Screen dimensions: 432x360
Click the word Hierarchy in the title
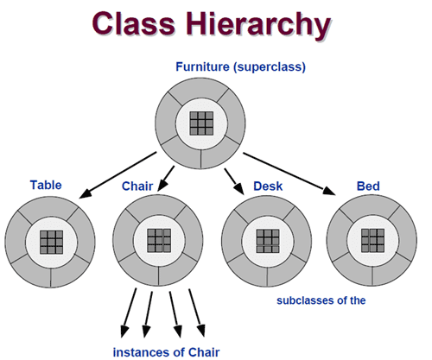(x=258, y=25)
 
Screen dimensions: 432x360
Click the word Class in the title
(x=134, y=23)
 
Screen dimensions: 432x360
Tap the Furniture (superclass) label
(x=240, y=67)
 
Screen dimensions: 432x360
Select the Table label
(x=46, y=185)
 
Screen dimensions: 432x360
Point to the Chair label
(x=137, y=186)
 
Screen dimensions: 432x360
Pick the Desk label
(x=268, y=186)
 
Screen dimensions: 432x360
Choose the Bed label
(x=368, y=186)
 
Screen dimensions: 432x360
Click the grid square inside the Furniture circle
(x=201, y=123)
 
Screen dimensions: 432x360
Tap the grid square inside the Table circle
(x=51, y=242)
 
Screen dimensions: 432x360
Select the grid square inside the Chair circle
(x=159, y=241)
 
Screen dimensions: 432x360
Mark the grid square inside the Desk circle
(x=268, y=241)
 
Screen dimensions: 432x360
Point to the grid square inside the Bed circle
(x=372, y=241)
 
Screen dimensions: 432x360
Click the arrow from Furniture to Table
(x=118, y=175)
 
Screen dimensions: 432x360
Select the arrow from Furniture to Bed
(x=289, y=174)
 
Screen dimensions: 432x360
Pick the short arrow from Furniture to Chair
(x=166, y=179)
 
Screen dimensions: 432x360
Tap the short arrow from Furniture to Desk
(x=234, y=181)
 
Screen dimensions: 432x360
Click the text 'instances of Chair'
(x=166, y=352)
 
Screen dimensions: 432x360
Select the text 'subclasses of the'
(x=321, y=300)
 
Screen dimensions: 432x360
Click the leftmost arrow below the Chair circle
(x=129, y=313)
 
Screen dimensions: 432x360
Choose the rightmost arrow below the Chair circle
(x=197, y=313)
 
